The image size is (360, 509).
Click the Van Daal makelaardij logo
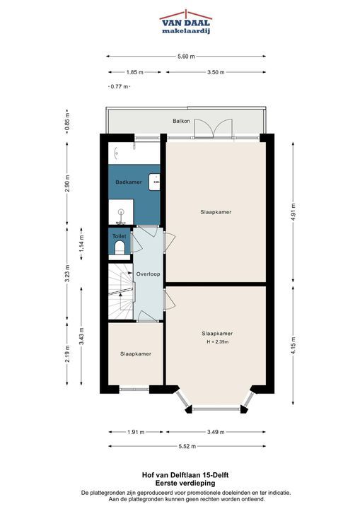tap(185, 21)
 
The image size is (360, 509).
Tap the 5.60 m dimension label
tap(186, 57)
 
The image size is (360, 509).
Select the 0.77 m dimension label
tap(120, 87)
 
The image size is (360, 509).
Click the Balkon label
tap(181, 121)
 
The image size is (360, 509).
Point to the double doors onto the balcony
tap(214, 129)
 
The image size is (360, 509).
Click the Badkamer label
tap(129, 182)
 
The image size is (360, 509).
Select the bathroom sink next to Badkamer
tap(154, 182)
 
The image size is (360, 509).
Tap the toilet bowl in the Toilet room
tap(120, 247)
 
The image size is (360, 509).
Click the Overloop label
tap(148, 274)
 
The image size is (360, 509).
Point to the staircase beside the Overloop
tap(121, 291)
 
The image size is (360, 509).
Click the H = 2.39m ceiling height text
tap(218, 342)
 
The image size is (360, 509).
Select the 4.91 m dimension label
tap(294, 212)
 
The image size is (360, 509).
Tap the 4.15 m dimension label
tap(294, 346)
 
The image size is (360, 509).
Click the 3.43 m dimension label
tap(81, 337)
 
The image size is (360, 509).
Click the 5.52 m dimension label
tap(187, 446)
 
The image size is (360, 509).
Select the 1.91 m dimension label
tap(136, 432)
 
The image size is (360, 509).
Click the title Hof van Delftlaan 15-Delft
tap(185, 475)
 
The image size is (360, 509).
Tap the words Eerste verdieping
tap(185, 483)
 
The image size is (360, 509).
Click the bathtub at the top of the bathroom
tap(134, 153)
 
